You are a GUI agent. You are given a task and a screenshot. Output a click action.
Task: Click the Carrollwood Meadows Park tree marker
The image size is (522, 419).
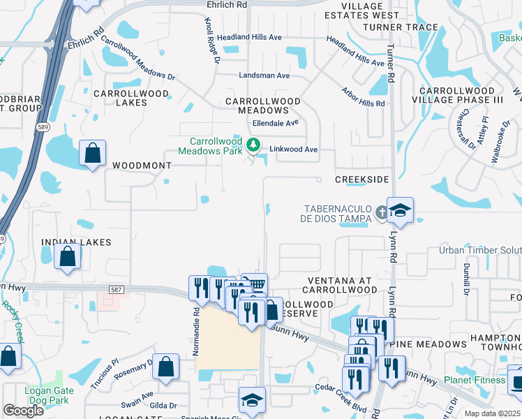point(253,146)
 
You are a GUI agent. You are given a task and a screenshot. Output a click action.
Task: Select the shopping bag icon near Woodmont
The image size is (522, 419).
point(92,154)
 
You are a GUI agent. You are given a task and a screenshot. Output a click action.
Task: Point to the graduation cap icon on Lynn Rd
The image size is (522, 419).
point(401,209)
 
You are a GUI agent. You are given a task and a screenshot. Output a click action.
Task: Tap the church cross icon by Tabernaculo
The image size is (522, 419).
point(381,211)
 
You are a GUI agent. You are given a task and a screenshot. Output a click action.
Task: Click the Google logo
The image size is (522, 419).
point(23,410)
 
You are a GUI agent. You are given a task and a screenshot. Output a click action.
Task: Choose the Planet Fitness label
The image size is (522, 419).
point(475,380)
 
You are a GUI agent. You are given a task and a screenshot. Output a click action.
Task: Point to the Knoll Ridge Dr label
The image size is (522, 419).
point(212,41)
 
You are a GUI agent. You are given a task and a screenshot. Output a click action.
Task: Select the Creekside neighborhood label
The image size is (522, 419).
point(361,179)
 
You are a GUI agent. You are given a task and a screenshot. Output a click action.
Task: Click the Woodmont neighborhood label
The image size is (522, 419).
point(142,166)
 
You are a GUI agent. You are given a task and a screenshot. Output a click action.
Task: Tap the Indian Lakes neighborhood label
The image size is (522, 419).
point(76,242)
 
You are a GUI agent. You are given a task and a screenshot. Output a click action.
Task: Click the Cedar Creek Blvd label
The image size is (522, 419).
point(341,406)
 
